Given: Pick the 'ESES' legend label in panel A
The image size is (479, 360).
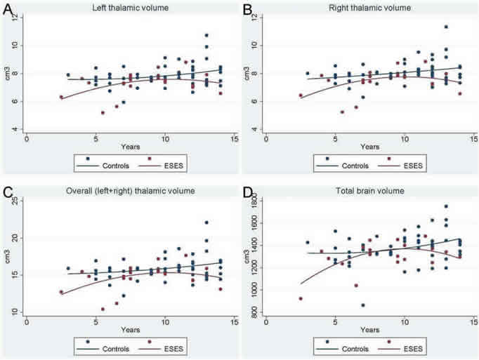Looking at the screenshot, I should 169,166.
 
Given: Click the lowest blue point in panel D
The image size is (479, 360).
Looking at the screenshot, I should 362,305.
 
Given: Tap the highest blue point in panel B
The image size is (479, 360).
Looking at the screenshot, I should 445,27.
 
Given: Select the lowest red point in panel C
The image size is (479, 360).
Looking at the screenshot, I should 103,309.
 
